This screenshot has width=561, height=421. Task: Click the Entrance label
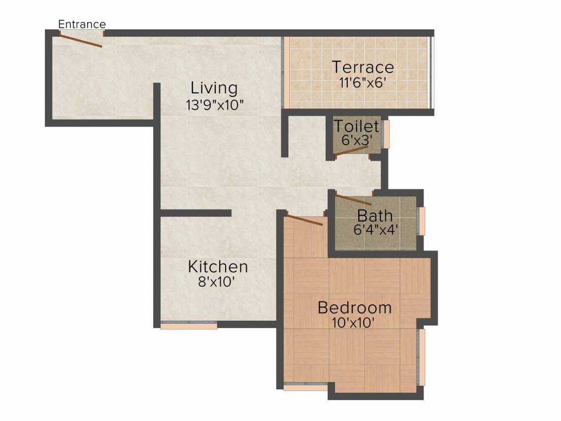point(82,24)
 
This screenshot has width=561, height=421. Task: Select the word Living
point(214,88)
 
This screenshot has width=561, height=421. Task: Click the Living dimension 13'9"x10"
point(214,105)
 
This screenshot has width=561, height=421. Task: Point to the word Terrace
point(363,67)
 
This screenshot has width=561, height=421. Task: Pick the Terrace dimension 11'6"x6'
point(363,83)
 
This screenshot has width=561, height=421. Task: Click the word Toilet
point(357,126)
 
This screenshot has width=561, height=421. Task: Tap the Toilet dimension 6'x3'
point(357,140)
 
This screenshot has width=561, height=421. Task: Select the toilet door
point(351,152)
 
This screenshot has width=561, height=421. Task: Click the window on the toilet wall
point(386,134)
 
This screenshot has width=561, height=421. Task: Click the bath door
point(353,200)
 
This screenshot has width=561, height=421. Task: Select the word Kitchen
point(217,268)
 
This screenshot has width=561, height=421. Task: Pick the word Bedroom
point(354,308)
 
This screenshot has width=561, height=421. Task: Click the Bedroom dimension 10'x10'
point(354,323)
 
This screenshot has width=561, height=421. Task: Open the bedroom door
point(305,220)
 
